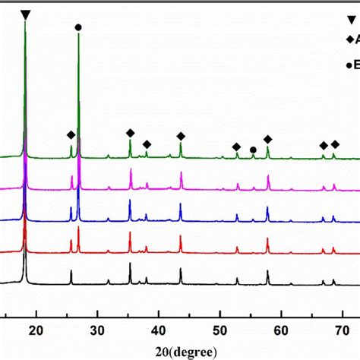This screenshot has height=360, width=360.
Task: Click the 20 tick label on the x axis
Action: pos(36,329)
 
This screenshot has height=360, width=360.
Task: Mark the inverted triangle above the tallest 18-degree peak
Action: pos(27,14)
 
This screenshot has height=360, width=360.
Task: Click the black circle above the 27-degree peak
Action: pos(78,27)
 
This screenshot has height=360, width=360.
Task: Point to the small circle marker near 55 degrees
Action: pos(253,150)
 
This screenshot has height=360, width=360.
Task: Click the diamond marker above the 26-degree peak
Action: pos(71,135)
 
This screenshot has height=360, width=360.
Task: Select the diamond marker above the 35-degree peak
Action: pos(130,133)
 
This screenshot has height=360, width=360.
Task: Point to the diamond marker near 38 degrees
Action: pos(147,144)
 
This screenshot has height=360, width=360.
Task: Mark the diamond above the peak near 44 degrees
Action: pos(181,136)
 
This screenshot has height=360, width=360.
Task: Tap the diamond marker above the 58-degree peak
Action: pos(267,139)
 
